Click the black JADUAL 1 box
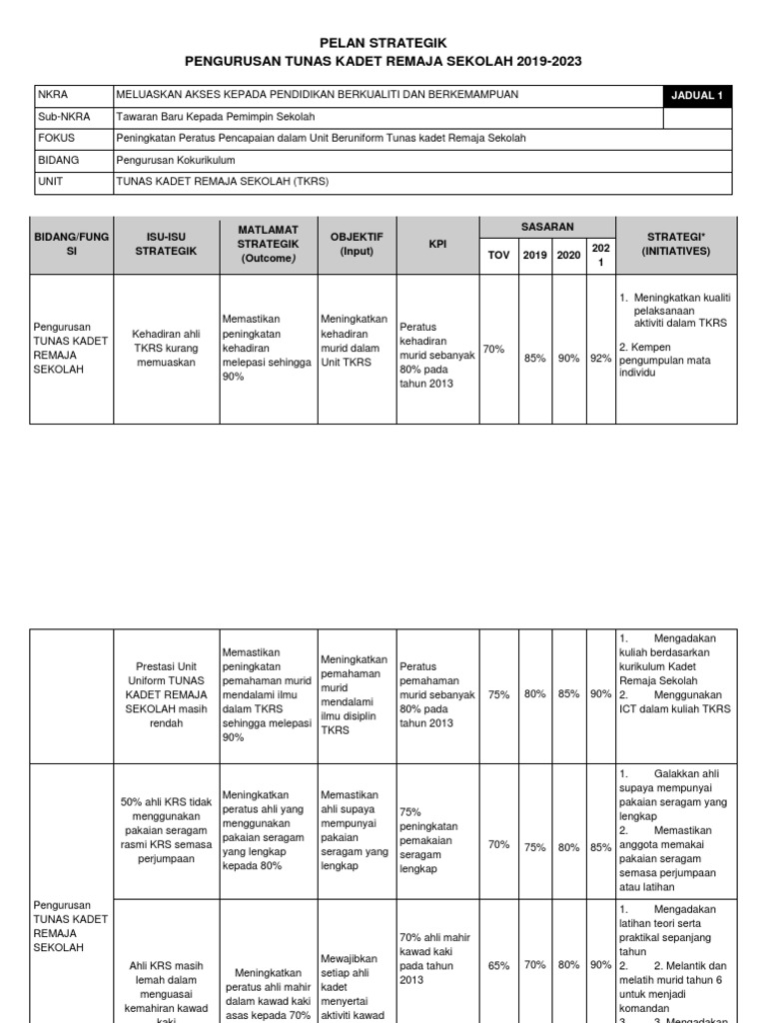[698, 96]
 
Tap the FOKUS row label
[57, 138]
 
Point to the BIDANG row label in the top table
[59, 160]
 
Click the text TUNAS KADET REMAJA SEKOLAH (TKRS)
[223, 182]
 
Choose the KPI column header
[437, 243]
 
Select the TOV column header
[497, 255]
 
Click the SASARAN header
[547, 228]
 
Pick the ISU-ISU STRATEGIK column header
[166, 243]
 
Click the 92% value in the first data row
[600, 358]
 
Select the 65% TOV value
[498, 966]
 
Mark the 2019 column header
[534, 255]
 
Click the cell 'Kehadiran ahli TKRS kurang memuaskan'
[166, 349]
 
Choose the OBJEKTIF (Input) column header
[357, 243]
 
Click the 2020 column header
[568, 255]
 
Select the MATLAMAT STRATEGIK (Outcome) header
[268, 243]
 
